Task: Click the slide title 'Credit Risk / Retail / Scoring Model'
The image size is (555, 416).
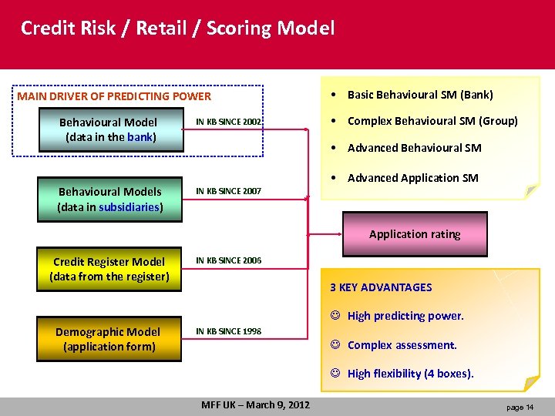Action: pyautogui.click(x=178, y=29)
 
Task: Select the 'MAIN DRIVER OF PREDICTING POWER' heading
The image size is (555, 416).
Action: pyautogui.click(x=114, y=96)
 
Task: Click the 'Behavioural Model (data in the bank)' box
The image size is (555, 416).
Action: pyautogui.click(x=108, y=129)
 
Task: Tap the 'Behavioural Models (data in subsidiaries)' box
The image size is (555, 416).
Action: pyautogui.click(x=109, y=200)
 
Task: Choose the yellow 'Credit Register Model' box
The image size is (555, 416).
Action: pyautogui.click(x=109, y=269)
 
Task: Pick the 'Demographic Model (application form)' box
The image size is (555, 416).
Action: pyautogui.click(x=108, y=339)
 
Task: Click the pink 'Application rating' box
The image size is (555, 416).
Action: pyautogui.click(x=415, y=234)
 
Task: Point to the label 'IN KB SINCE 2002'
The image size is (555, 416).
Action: pyautogui.click(x=229, y=122)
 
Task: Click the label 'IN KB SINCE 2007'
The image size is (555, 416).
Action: pyautogui.click(x=229, y=190)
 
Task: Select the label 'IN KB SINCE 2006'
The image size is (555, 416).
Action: pyautogui.click(x=229, y=260)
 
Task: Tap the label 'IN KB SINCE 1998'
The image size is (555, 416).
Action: pyautogui.click(x=229, y=331)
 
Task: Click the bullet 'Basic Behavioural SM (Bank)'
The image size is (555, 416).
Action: pyautogui.click(x=420, y=95)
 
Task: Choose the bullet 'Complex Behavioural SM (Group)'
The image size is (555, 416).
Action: pyautogui.click(x=432, y=121)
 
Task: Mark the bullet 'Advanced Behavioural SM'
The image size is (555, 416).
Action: pyautogui.click(x=414, y=148)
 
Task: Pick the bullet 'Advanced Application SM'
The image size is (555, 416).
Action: pyautogui.click(x=412, y=178)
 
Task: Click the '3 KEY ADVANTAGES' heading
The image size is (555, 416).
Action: pyautogui.click(x=381, y=287)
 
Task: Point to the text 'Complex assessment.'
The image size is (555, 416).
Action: pyautogui.click(x=402, y=345)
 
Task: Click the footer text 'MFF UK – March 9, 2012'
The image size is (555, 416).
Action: pyautogui.click(x=255, y=405)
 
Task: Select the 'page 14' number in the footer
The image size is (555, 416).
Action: pyautogui.click(x=520, y=407)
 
